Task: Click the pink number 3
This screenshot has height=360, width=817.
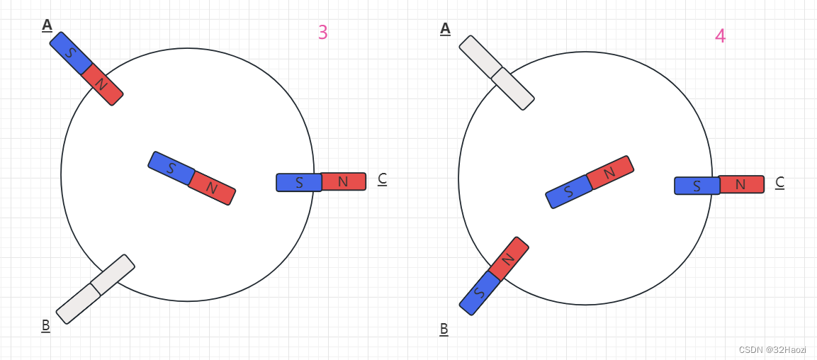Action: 322,33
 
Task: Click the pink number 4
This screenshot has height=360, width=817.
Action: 720,36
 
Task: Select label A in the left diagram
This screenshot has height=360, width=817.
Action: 47,25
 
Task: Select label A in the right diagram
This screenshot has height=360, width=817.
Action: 445,28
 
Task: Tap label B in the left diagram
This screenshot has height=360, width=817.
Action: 45,325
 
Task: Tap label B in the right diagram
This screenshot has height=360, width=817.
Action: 444,329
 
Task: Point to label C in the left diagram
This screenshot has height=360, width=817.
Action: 382,179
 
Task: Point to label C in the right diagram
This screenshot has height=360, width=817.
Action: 779,182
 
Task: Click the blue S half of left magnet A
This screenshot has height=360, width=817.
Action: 71,53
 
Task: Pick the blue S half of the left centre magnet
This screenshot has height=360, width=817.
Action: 171,168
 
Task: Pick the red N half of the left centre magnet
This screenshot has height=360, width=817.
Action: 211,188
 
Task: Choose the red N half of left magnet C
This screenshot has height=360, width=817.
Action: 343,181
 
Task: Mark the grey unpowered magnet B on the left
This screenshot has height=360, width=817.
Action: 95,289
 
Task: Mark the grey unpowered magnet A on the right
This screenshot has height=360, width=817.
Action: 496,73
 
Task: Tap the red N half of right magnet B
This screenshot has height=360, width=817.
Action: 508,258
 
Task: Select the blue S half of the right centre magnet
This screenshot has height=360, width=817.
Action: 568,191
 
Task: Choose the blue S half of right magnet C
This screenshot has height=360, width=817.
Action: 697,186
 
